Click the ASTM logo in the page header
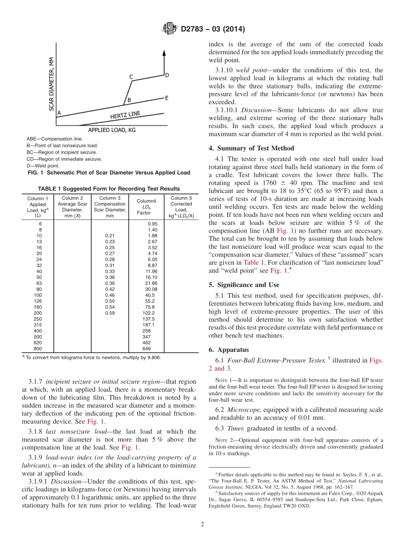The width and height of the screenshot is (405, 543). (170, 29)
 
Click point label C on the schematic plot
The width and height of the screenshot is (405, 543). (131, 77)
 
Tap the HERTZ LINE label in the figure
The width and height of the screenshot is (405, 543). (125, 115)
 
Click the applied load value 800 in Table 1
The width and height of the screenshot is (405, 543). (38, 348)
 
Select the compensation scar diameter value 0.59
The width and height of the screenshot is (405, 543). (110, 313)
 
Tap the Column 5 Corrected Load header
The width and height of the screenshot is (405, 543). (181, 207)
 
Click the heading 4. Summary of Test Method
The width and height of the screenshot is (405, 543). (251, 148)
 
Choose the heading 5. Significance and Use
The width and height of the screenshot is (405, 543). (244, 284)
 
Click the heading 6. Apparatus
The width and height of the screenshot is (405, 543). (229, 349)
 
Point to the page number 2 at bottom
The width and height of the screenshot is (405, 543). (202, 524)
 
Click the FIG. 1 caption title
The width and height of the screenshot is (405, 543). (108, 172)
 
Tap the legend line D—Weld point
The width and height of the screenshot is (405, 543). (43, 166)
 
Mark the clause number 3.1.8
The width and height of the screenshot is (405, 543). (35, 431)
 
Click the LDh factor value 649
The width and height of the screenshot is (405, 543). (146, 348)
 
